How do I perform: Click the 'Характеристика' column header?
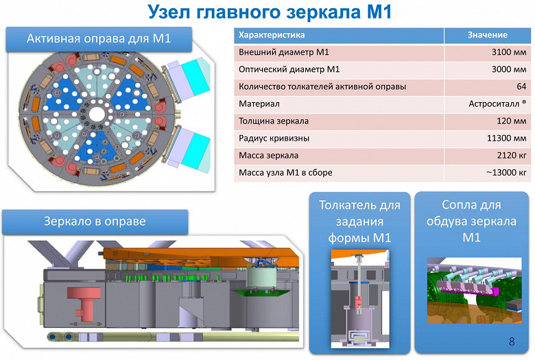pyautogui.click(x=272, y=34)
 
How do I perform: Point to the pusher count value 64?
pyautogui.click(x=521, y=86)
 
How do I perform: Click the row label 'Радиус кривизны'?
pyautogui.click(x=274, y=138)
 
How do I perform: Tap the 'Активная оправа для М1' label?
pyautogui.click(x=98, y=38)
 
